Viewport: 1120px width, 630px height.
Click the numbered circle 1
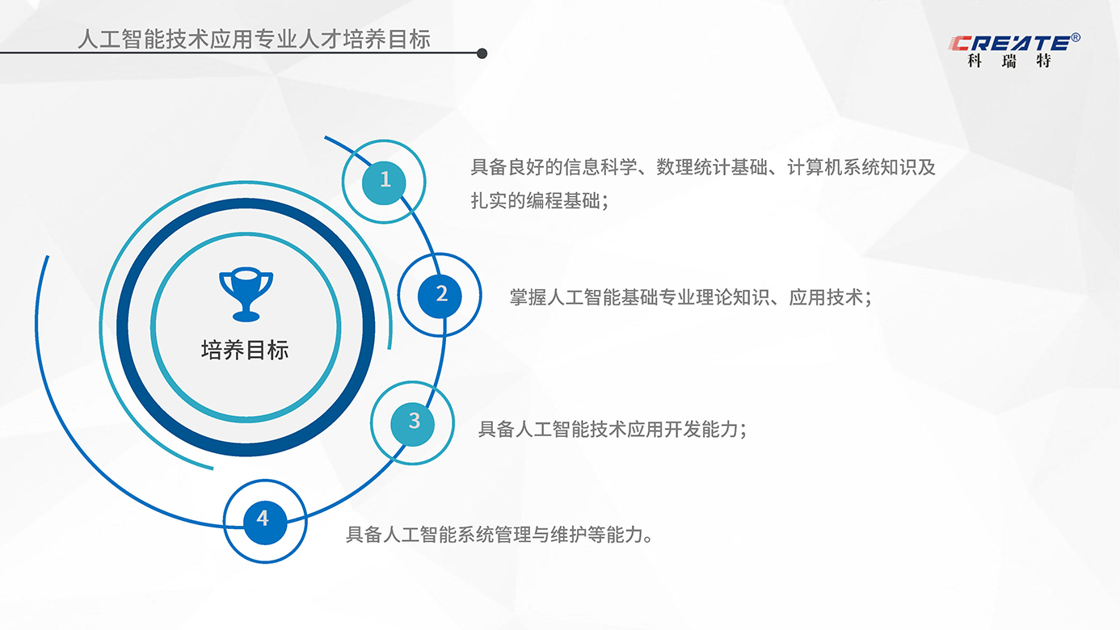click(384, 183)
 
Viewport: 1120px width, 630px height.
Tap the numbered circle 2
click(440, 296)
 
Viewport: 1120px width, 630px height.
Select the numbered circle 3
click(412, 424)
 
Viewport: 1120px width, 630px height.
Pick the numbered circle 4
click(265, 522)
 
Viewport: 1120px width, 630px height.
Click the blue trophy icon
click(246, 294)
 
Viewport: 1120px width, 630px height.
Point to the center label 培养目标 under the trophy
click(245, 351)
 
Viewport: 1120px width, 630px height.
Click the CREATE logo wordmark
click(1009, 43)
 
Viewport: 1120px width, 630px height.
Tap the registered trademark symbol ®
click(1076, 37)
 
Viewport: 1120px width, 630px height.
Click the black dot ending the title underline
click(482, 53)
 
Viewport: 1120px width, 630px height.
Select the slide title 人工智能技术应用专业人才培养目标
click(254, 39)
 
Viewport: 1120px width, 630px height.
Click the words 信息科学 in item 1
click(600, 167)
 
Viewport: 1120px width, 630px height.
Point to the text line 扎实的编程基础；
click(540, 201)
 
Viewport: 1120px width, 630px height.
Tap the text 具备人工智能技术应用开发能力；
click(613, 429)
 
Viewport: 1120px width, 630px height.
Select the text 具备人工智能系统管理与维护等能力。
click(499, 535)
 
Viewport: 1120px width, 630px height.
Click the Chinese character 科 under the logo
click(975, 61)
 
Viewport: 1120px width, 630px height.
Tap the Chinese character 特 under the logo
click(1043, 61)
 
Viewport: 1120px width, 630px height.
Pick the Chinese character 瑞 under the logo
click(1009, 61)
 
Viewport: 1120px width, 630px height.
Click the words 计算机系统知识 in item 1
click(852, 167)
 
